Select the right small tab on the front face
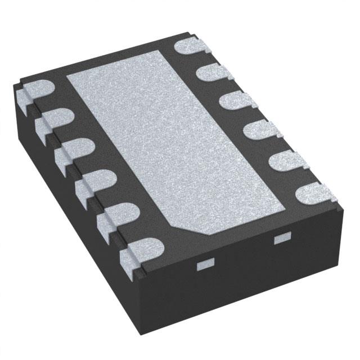pos(280,239)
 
